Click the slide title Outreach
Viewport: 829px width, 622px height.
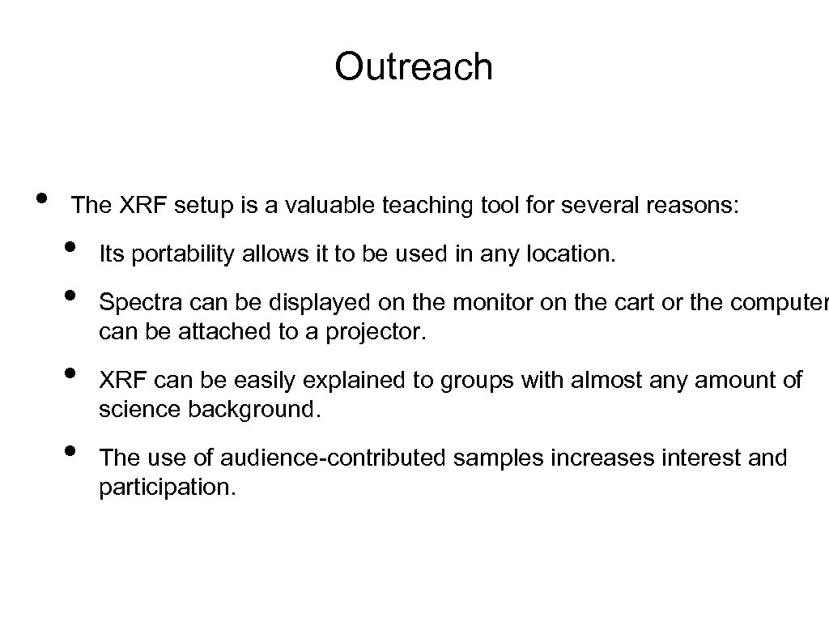pos(414,66)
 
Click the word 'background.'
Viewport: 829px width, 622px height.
pos(254,410)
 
